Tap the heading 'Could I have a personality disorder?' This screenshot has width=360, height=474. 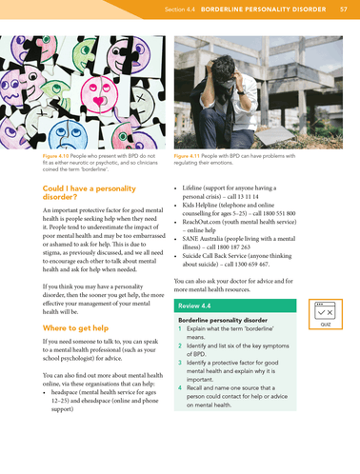87,193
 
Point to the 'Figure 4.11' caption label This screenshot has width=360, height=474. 190,154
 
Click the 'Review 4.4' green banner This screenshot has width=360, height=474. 197,306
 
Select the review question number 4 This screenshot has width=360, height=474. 180,390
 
